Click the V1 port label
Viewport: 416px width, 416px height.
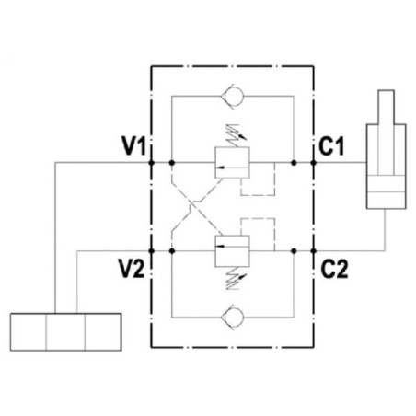coord(134,145)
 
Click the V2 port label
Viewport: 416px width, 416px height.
coord(132,269)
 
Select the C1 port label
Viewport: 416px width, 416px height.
coord(331,145)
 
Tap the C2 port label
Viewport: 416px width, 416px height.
coord(334,269)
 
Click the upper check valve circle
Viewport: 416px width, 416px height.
coord(234,96)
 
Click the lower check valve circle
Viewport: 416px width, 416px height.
coord(234,317)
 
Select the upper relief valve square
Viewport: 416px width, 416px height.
coord(232,163)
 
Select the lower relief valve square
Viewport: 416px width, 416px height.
coord(232,251)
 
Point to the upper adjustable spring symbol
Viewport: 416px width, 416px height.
coord(236,135)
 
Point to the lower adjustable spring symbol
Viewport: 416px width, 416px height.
coord(236,278)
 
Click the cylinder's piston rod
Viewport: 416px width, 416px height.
coord(387,133)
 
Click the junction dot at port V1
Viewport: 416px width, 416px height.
coord(151,163)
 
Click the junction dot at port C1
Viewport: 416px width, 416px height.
coord(313,163)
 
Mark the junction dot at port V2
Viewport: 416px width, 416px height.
coord(151,251)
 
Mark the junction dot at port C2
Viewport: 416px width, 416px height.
coord(313,251)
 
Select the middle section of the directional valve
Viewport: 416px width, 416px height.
coord(65,332)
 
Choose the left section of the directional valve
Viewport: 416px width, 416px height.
coord(29,332)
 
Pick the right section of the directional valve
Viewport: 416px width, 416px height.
coord(103,332)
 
